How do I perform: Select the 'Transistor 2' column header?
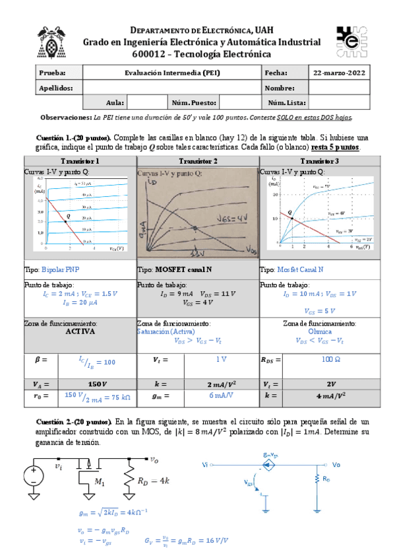tap(198, 161)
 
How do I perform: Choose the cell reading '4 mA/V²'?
tap(334, 396)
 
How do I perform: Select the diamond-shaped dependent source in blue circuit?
tap(266, 465)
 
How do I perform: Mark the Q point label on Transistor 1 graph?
tap(68, 215)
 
